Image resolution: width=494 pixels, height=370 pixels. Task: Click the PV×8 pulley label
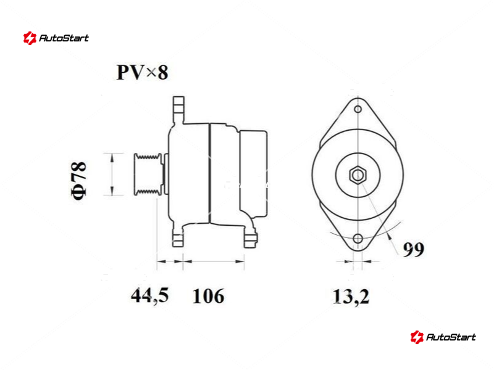point(142,72)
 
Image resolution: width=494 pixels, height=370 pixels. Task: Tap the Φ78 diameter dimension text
point(78,181)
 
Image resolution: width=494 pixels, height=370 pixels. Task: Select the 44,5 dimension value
point(149,295)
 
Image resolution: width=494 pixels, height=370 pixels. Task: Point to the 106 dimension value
point(208,296)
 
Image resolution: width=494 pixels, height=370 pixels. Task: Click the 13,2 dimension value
point(351,297)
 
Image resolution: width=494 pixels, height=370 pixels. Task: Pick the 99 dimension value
point(414,250)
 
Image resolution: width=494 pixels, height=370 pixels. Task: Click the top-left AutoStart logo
point(56,38)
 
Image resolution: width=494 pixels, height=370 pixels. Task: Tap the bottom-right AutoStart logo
point(443,337)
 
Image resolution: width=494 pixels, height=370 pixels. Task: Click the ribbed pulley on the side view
point(148,175)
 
